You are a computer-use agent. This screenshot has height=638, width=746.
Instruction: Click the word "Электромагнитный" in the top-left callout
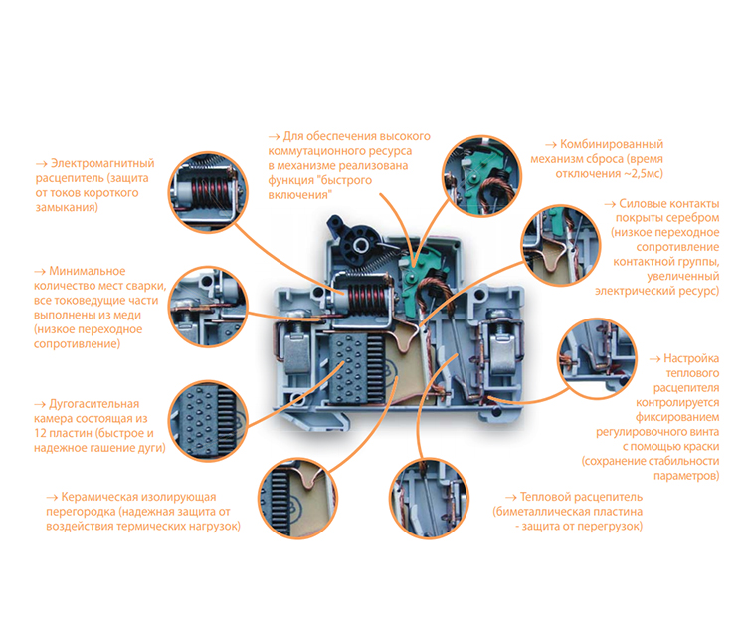pyautogui.click(x=102, y=163)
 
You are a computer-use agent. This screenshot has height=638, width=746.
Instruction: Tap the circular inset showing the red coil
pyautogui.click(x=209, y=192)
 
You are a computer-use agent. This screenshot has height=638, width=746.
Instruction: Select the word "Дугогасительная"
pyautogui.click(x=94, y=404)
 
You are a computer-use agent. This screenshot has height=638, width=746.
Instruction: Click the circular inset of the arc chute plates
pyautogui.click(x=209, y=421)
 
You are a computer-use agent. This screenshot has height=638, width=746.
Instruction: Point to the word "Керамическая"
pyautogui.click(x=98, y=497)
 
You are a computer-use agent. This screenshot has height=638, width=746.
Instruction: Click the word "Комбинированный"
pyautogui.click(x=612, y=144)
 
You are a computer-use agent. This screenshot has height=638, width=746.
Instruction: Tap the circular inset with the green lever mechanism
pyautogui.click(x=481, y=176)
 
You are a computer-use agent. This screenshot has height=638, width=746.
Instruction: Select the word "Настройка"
pyautogui.click(x=691, y=358)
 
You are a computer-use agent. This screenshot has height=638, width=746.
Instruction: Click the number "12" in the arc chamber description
pyautogui.click(x=40, y=433)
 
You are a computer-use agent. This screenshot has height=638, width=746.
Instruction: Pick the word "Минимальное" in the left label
pyautogui.click(x=88, y=271)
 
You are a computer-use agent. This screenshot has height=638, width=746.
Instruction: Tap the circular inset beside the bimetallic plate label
pyautogui.click(x=430, y=498)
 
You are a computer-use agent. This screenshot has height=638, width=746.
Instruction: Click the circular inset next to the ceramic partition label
pyautogui.click(x=298, y=499)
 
